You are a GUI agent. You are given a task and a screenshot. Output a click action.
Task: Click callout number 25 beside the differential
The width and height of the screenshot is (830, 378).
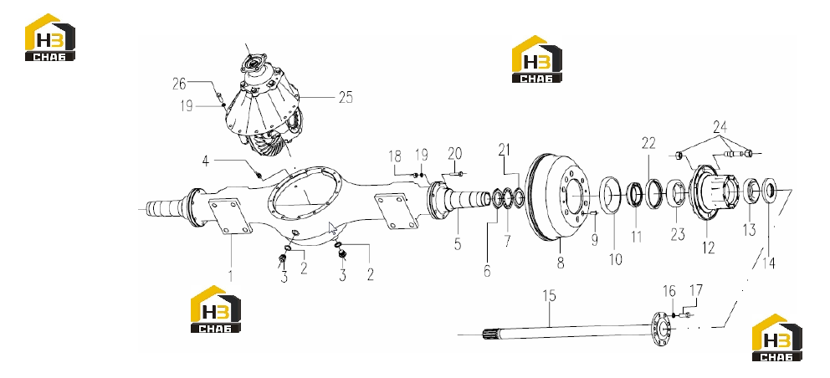coord(345,98)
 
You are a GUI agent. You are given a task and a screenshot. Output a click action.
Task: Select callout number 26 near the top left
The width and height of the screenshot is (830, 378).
coord(179,83)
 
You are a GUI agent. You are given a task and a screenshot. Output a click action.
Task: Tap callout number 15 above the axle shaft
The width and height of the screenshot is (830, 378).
coord(550,295)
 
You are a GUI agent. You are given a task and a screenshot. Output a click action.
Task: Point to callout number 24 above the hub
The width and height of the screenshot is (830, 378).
coord(720,127)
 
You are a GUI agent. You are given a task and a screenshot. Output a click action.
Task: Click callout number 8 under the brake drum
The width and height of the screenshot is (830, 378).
coord(561,262)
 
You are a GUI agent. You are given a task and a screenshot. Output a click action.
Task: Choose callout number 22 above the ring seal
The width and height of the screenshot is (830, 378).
coord(649,143)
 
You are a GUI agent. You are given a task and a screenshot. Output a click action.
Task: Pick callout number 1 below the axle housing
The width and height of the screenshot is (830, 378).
coord(230,275)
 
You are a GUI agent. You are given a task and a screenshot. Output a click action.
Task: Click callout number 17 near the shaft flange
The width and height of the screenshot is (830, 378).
coord(697,290)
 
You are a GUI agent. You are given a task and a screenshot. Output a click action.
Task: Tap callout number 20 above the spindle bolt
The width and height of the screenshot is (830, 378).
coord(454,154)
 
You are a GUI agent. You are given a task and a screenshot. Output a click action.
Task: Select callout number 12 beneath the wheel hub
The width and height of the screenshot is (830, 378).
coord(708,248)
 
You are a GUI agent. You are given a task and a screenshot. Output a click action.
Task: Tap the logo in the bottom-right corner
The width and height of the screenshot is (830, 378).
coord(777,338)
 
